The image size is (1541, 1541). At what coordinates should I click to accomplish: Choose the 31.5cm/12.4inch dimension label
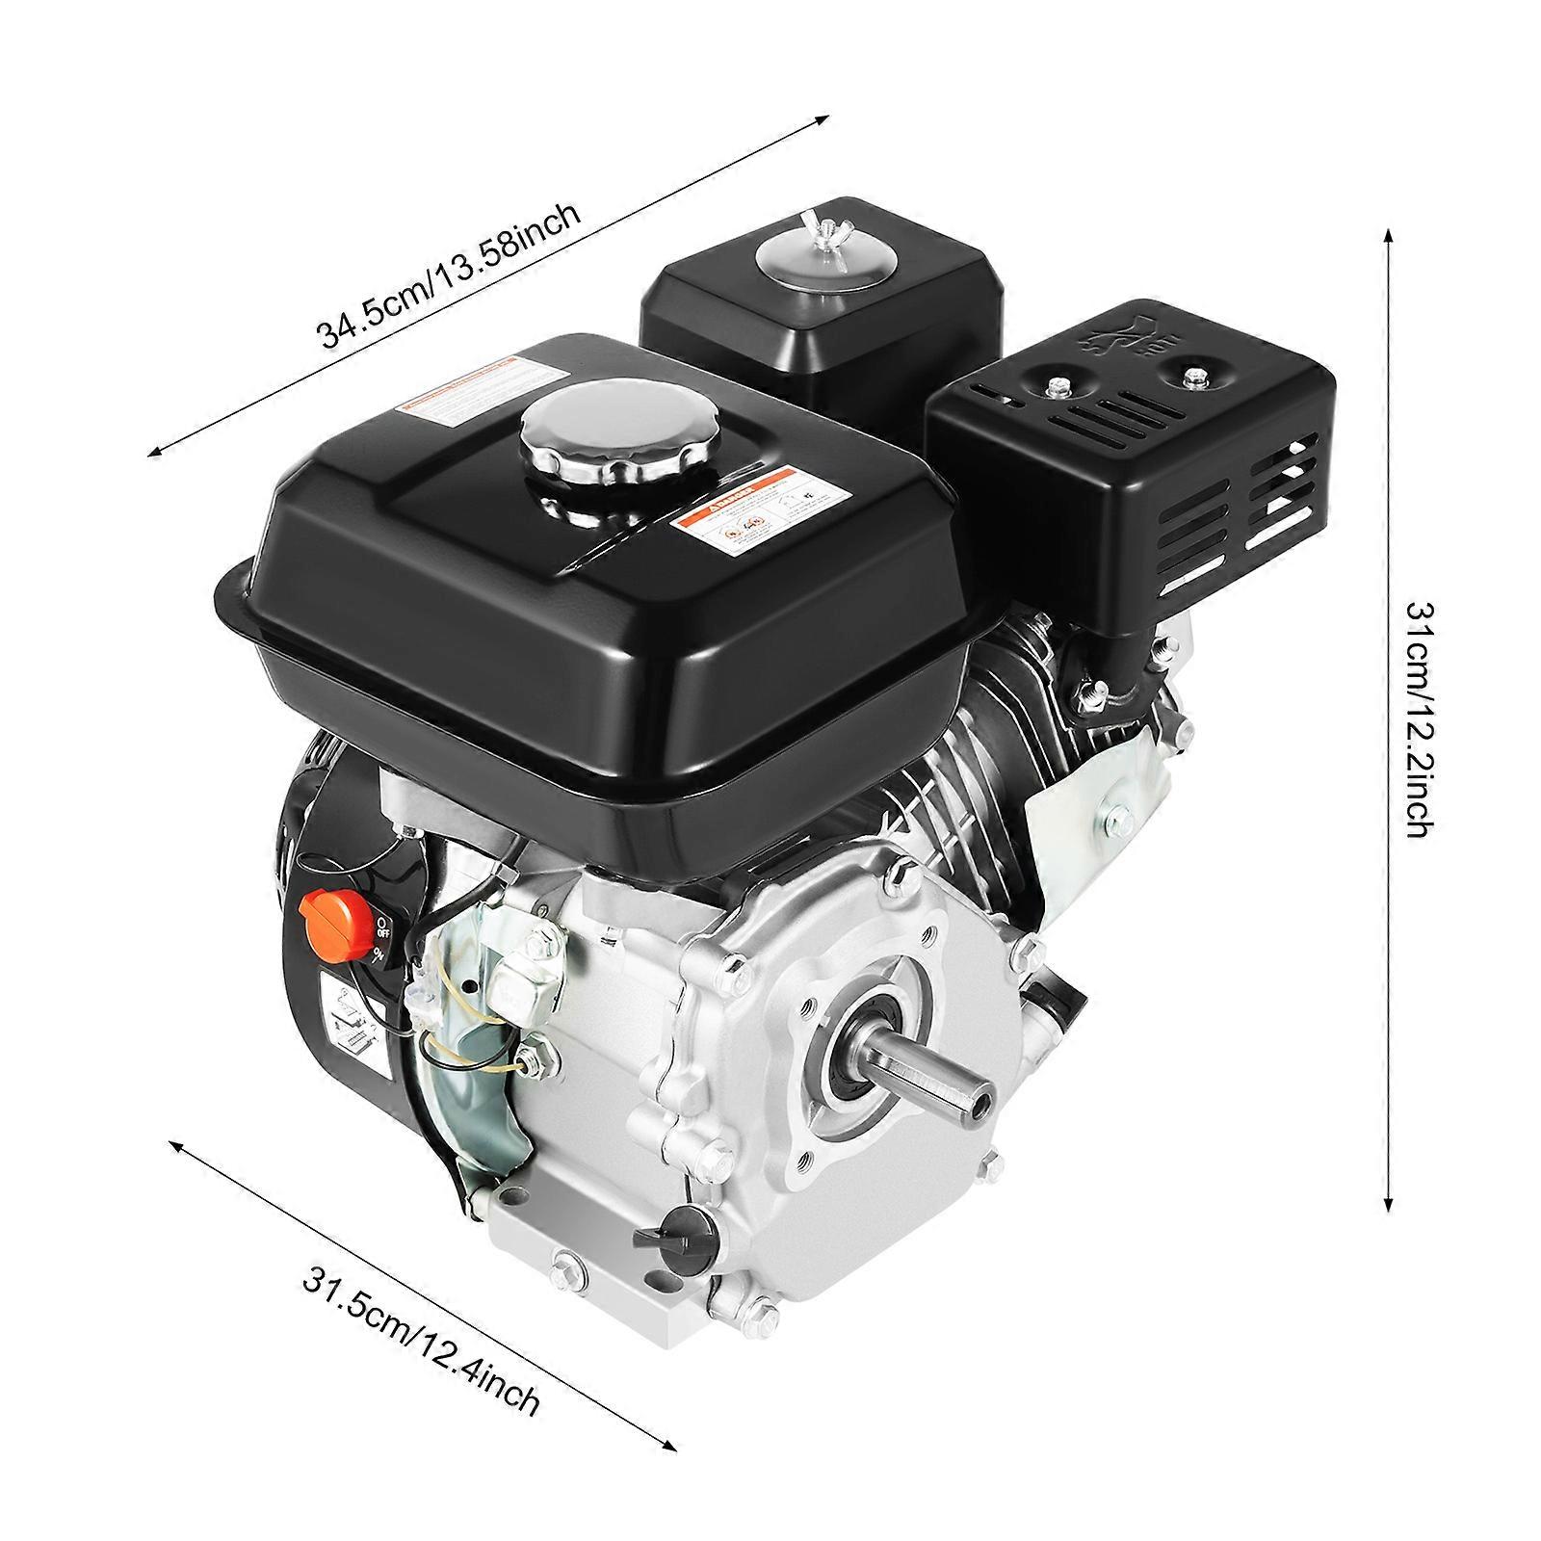[421, 1346]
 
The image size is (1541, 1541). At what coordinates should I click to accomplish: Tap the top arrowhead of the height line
[1387, 238]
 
